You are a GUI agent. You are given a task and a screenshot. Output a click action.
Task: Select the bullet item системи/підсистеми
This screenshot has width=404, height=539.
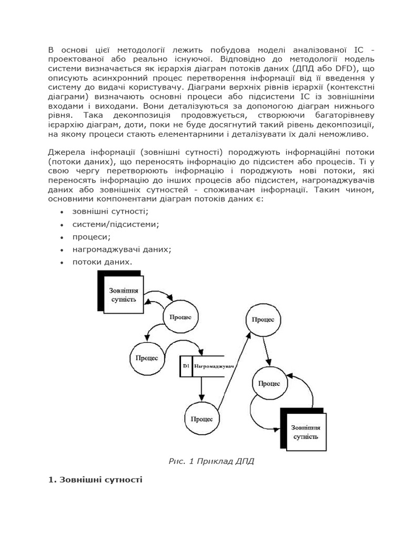[x=116, y=224]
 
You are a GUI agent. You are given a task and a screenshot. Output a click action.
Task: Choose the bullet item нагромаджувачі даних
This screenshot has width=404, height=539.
[x=122, y=249]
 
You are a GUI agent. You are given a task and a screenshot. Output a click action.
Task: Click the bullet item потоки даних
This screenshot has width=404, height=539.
[x=103, y=262]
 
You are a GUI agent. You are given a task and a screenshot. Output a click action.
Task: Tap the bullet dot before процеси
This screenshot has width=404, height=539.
[x=62, y=237]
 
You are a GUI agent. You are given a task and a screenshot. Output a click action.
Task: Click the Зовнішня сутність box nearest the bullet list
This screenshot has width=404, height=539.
[x=124, y=295]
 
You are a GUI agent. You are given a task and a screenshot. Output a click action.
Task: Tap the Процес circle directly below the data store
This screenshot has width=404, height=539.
[x=201, y=419]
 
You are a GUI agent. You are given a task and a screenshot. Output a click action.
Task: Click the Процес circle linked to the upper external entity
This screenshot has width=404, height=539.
[x=180, y=317]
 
